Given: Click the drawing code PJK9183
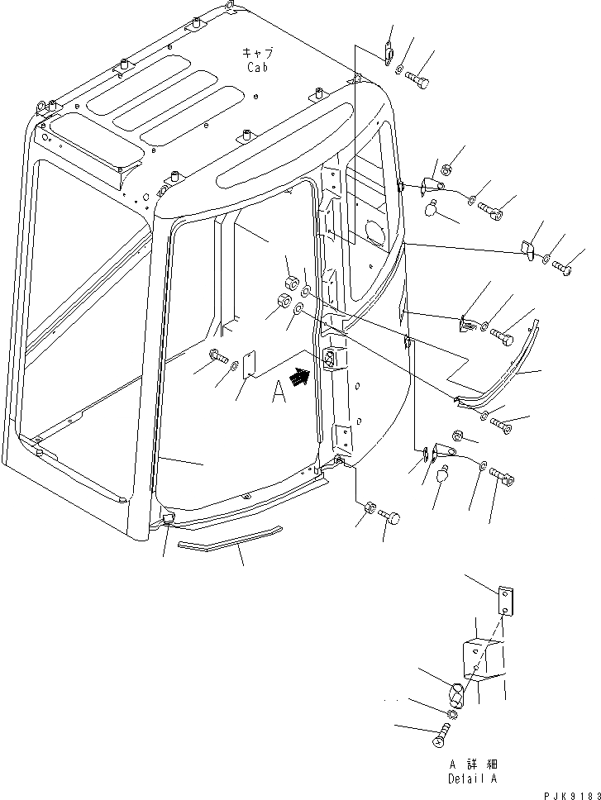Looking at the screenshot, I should (568, 792).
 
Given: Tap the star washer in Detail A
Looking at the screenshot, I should (452, 713).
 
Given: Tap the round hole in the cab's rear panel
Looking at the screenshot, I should (373, 231).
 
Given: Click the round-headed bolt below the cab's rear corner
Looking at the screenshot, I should (391, 517).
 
